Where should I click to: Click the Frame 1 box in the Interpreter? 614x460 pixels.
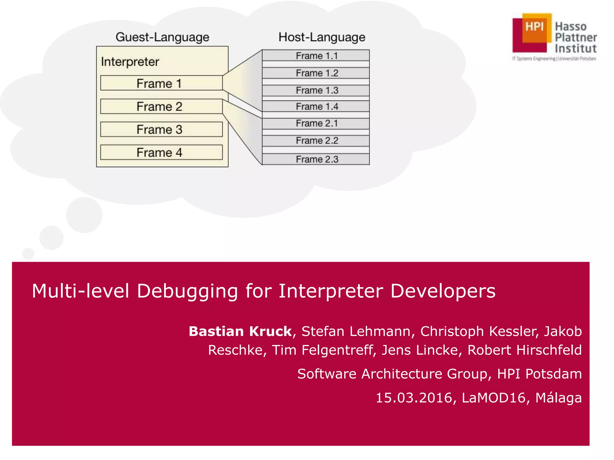(161, 83)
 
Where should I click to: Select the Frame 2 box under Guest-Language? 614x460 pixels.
(161, 106)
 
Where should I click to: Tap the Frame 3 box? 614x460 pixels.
(161, 129)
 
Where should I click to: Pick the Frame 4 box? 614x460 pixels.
(161, 152)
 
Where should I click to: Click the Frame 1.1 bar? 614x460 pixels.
(316, 56)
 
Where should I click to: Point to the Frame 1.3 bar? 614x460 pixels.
(316, 90)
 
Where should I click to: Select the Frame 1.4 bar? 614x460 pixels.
(316, 106)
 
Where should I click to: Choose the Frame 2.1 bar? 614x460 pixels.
(316, 123)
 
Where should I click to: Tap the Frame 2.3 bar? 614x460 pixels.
(316, 159)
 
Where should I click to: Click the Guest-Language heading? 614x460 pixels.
(162, 37)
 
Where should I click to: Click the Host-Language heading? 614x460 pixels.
(322, 37)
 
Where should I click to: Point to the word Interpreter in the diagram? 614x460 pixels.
(130, 62)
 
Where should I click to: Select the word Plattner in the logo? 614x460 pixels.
(576, 38)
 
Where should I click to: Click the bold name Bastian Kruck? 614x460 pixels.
(240, 331)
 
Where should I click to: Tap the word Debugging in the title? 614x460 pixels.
(187, 291)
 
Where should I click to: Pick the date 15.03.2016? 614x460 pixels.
(414, 398)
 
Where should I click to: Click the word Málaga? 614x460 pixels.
(558, 398)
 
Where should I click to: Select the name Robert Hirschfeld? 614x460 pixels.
(524, 350)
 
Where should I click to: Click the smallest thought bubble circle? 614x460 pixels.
(28, 254)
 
